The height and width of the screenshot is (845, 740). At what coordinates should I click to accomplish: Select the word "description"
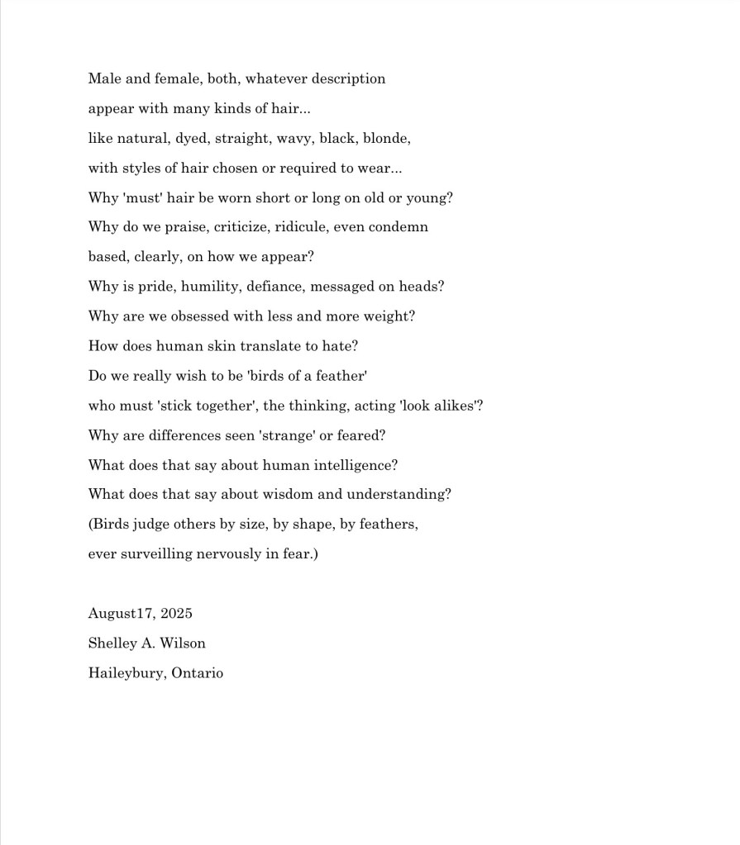tap(348, 79)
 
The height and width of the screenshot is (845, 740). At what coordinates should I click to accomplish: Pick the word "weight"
tap(389, 316)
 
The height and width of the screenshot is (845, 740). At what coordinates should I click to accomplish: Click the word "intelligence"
tap(352, 465)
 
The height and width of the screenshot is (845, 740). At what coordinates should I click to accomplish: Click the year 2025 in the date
tap(176, 614)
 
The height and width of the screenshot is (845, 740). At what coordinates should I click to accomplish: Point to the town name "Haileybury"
tap(127, 673)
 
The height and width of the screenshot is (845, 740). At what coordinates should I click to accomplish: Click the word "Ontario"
tap(197, 673)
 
